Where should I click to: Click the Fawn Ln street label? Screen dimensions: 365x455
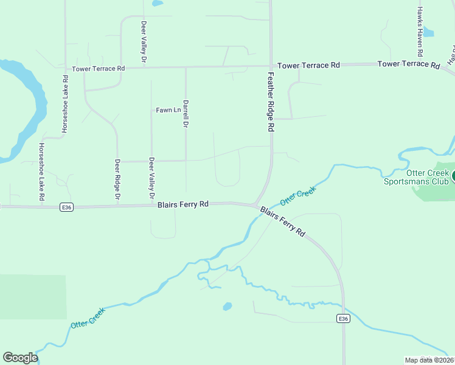pyautogui.click(x=168, y=110)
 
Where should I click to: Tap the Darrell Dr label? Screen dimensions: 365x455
pyautogui.click(x=186, y=114)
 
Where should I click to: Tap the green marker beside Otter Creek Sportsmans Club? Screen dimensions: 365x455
pyautogui.click(x=453, y=177)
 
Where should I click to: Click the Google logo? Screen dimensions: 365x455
pyautogui.click(x=20, y=358)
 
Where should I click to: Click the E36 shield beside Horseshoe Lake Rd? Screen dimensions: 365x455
pyautogui.click(x=67, y=207)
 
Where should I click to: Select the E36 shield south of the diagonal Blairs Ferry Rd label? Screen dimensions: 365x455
pyautogui.click(x=343, y=319)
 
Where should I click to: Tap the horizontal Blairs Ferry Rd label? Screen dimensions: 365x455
pyautogui.click(x=183, y=204)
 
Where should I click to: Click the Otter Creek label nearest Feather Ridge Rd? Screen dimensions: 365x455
pyautogui.click(x=299, y=196)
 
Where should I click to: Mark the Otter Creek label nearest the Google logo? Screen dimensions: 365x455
pyautogui.click(x=88, y=318)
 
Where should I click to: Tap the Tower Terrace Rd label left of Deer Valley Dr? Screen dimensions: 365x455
pyautogui.click(x=99, y=69)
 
